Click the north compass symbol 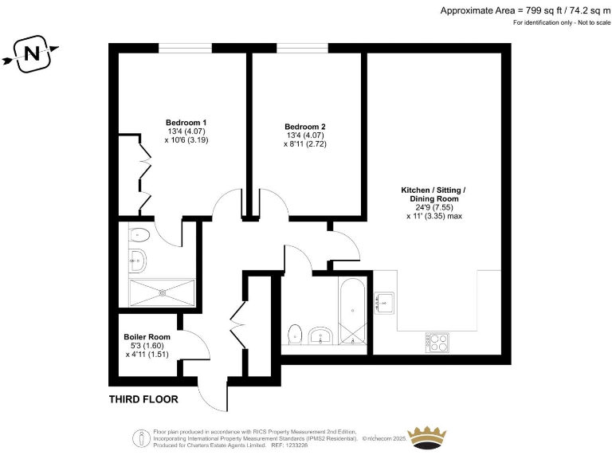pos(32,54)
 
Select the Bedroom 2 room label pos(305,127)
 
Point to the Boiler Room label pos(147,336)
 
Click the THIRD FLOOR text pos(143,399)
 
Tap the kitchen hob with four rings pos(437,342)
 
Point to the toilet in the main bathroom pos(296,334)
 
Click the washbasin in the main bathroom pos(323,335)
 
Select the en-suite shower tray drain pos(163,292)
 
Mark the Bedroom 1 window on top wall pos(185,49)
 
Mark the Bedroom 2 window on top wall pos(302,49)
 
